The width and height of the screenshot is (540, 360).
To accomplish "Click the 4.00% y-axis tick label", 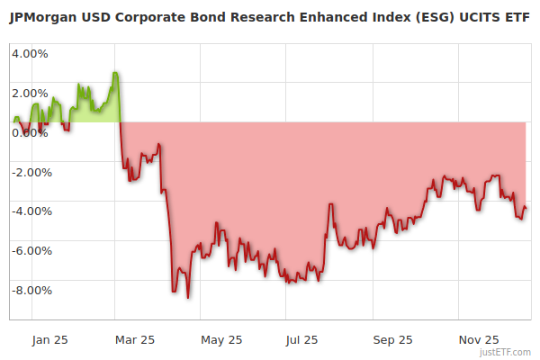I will [30, 53].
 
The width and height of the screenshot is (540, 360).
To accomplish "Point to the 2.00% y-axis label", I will [30, 93].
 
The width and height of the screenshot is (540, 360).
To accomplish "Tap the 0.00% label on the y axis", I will [30, 132].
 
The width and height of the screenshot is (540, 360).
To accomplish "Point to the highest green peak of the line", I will [115, 72].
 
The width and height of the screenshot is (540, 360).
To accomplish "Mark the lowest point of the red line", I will [188, 297].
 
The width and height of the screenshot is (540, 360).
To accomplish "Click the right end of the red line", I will [526, 210].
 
